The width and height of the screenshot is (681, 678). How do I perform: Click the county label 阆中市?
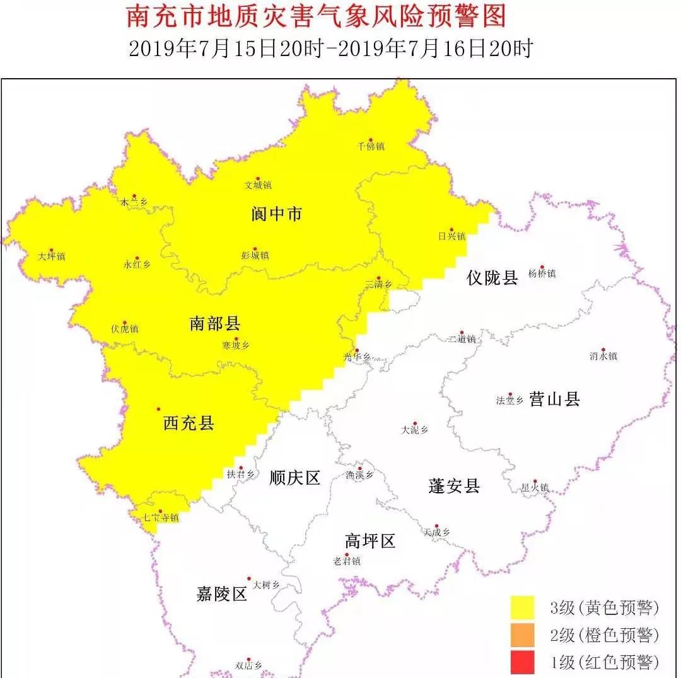pos(276,214)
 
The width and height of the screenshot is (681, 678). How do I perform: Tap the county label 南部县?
pos(215,325)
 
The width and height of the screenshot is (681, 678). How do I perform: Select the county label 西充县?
pos(189,423)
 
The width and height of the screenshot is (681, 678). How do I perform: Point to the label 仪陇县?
pos(492,277)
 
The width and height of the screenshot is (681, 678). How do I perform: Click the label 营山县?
pos(554,399)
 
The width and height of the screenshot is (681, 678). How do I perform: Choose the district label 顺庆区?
pos(294,478)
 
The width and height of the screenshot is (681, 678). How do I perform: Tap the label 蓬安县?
pos(454,486)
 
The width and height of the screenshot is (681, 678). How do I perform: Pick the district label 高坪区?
pos(370,541)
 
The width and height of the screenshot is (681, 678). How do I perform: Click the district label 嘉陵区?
pos(221,594)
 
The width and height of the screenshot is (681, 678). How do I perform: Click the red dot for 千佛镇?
pos(371,140)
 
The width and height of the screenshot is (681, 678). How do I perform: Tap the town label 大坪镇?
pos(52,257)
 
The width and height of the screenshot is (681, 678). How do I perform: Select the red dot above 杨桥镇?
pos(542,267)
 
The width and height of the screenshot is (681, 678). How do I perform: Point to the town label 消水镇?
pos(603,357)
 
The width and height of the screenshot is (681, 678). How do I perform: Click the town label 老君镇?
pos(347,561)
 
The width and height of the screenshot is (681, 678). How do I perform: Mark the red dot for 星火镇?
pos(535,481)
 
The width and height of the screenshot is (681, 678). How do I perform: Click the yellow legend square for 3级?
pos(522,607)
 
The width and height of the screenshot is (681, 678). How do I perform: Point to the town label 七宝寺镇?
pos(161,519)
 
